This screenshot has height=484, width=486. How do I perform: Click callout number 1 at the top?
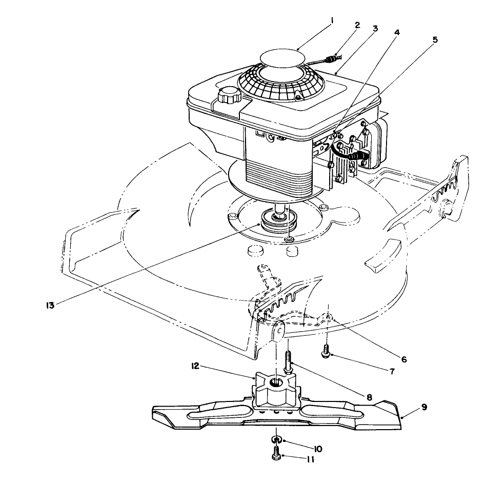click(x=332, y=21)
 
